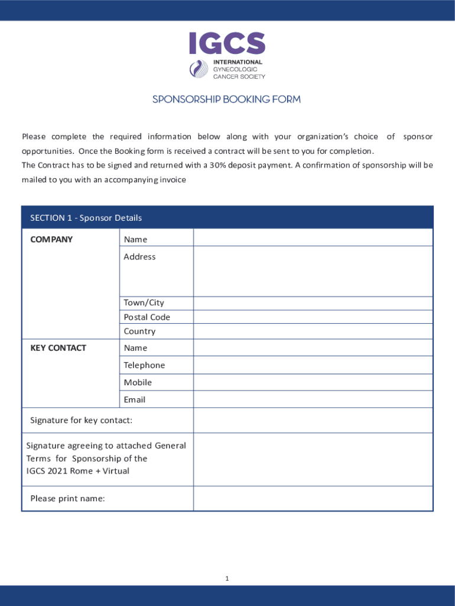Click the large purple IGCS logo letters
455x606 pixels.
pos(227,43)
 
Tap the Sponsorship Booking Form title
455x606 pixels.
pos(227,99)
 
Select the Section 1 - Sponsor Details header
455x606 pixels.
pos(86,218)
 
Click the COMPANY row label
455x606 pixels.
pos(51,239)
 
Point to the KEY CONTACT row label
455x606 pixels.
pos(58,348)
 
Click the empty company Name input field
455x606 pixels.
pos(313,238)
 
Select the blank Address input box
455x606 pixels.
pos(313,271)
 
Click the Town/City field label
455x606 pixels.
pos(144,302)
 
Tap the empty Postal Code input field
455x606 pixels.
pos(313,317)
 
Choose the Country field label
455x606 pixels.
pos(139,331)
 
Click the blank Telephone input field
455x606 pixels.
pos(313,365)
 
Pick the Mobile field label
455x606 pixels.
pos(138,382)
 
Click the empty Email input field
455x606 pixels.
pos(313,399)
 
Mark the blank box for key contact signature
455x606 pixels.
pos(313,420)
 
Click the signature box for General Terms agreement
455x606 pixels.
pos(313,459)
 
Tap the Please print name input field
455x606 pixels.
pos(313,498)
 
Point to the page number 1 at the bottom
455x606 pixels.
pos(227,578)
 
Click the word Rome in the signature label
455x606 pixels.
pos(82,471)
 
